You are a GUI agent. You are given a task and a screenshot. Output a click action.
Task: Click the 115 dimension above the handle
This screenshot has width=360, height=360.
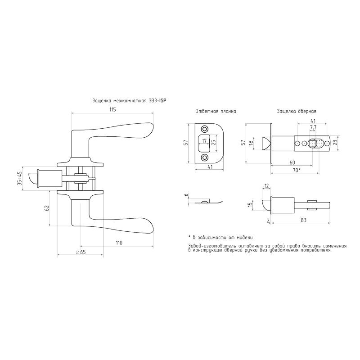pos(112,109)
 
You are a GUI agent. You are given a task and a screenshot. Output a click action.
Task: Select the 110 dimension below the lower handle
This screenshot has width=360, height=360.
pos(119,243)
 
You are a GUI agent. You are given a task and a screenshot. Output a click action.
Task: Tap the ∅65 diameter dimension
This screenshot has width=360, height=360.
pos(81,252)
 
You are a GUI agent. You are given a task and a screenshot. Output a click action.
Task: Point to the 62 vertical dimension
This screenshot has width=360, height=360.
pos(47,208)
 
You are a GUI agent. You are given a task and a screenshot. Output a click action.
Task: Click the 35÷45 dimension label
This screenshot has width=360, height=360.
pos(20,178)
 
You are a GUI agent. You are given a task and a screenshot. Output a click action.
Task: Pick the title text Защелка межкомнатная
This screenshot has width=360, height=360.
pos(119,101)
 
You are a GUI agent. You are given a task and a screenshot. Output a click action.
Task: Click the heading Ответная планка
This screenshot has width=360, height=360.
pos(216,111)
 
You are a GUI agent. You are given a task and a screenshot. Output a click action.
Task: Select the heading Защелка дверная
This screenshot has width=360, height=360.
pos(297,111)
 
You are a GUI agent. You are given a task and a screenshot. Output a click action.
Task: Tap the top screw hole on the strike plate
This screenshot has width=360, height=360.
pos(204,129)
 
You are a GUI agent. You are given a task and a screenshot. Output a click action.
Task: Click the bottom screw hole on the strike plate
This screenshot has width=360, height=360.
pos(204,157)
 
